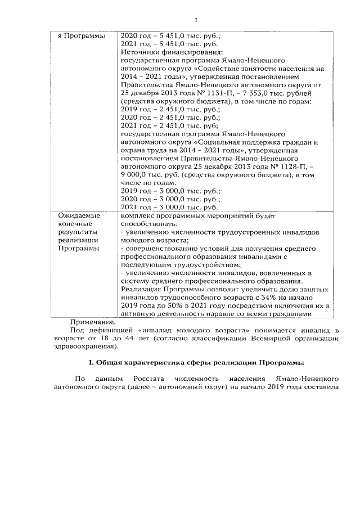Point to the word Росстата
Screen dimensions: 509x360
click(158, 380)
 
